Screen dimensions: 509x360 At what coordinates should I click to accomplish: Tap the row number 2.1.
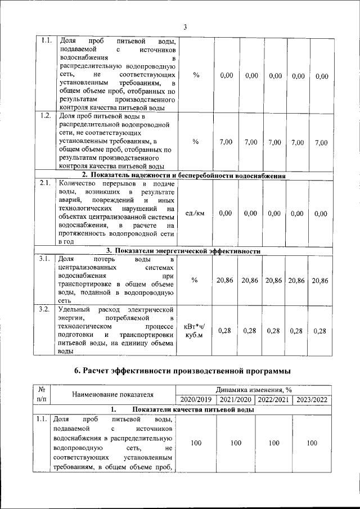click(47, 183)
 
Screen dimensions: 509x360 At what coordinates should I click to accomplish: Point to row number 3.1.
click(47, 259)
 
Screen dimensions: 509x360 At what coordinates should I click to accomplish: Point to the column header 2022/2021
click(274, 399)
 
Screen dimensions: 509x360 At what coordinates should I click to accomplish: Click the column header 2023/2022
click(312, 399)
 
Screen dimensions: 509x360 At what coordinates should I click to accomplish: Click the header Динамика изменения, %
click(253, 390)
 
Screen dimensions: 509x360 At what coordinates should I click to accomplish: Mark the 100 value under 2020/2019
click(196, 443)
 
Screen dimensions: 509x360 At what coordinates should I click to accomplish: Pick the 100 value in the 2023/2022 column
click(312, 443)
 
